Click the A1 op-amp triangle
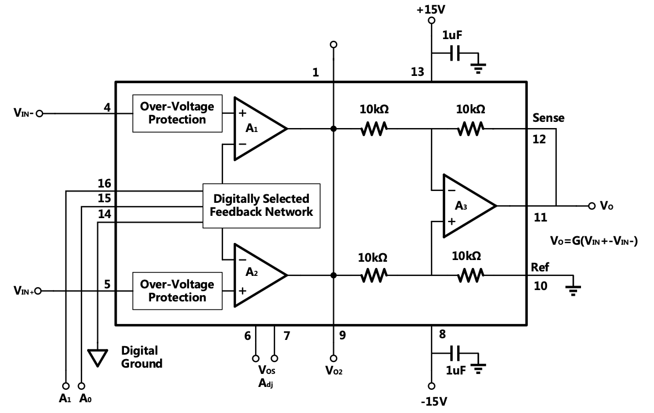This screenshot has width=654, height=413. pyautogui.click(x=257, y=129)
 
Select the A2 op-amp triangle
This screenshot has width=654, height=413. pyautogui.click(x=257, y=275)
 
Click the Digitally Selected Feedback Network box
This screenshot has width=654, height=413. pyautogui.click(x=261, y=206)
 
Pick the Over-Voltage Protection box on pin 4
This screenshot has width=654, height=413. pyautogui.click(x=177, y=113)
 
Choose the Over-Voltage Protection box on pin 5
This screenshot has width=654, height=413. pyautogui.click(x=177, y=291)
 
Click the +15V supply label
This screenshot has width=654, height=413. pyautogui.click(x=431, y=10)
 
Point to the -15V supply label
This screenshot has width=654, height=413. pyautogui.click(x=433, y=402)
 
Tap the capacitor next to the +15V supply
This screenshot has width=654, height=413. pyautogui.click(x=455, y=54)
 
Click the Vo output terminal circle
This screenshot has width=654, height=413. pyautogui.click(x=592, y=206)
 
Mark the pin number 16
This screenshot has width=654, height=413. pyautogui.click(x=104, y=184)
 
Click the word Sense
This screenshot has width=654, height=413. pyautogui.click(x=548, y=118)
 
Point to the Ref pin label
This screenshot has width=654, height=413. pyautogui.click(x=540, y=267)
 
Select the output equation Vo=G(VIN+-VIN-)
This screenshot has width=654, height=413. pyautogui.click(x=593, y=241)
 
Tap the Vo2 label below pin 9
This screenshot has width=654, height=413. pyautogui.click(x=334, y=371)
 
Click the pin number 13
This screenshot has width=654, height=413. pyautogui.click(x=417, y=72)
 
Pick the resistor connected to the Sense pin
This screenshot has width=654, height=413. pyautogui.click(x=470, y=129)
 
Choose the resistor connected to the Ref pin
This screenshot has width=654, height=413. pyautogui.click(x=470, y=275)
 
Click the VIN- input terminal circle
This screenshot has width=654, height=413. pyautogui.click(x=39, y=113)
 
